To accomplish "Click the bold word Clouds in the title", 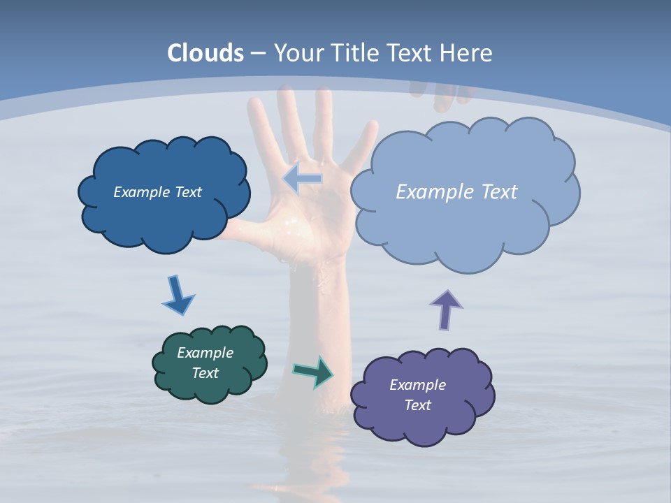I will click(x=205, y=53).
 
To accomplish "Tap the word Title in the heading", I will click(x=354, y=53).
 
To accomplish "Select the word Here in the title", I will click(x=467, y=53).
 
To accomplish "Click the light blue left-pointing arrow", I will click(x=303, y=179).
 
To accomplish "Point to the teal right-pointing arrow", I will click(x=313, y=372).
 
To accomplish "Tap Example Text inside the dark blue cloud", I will click(x=157, y=192).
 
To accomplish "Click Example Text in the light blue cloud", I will click(x=456, y=192).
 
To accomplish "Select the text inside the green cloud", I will click(x=205, y=363).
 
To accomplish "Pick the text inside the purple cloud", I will click(x=417, y=395).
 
